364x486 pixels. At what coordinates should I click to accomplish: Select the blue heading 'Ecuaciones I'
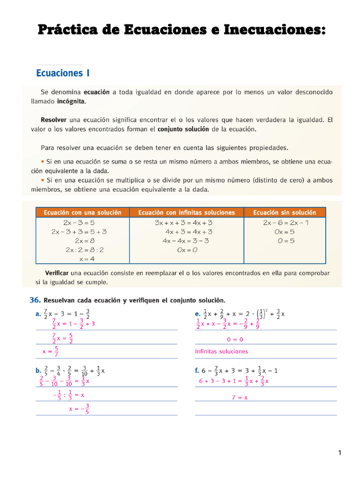click(63, 73)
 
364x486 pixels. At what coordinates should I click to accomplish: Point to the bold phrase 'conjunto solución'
click(183, 129)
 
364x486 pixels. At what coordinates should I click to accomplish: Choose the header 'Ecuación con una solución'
click(82, 213)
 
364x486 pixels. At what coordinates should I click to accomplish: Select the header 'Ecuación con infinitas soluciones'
click(186, 213)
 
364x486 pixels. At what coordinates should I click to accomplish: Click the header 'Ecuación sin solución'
click(284, 213)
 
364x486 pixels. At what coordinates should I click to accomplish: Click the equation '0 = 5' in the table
click(284, 241)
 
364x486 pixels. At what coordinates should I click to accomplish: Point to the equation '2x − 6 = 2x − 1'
click(285, 223)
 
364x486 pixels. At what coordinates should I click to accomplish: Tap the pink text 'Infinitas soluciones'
click(221, 352)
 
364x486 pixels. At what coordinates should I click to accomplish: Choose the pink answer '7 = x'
click(240, 398)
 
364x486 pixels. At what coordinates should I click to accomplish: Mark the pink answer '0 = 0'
click(235, 339)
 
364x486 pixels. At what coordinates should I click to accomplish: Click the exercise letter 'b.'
click(38, 371)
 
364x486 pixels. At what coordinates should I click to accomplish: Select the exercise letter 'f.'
click(198, 371)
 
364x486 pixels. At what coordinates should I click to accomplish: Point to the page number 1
click(340, 453)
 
